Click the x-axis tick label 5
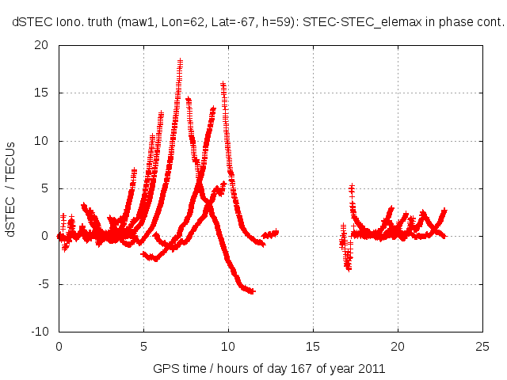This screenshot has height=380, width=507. [x=143, y=346]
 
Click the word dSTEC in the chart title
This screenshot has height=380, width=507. [x=29, y=23]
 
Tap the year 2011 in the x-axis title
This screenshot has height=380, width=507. [x=372, y=368]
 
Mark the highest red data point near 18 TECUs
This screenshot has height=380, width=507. [x=181, y=60]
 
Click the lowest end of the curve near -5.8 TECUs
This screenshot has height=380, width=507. [x=253, y=291]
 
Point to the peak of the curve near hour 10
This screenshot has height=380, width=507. [x=223, y=83]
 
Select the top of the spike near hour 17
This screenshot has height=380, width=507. [x=352, y=187]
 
